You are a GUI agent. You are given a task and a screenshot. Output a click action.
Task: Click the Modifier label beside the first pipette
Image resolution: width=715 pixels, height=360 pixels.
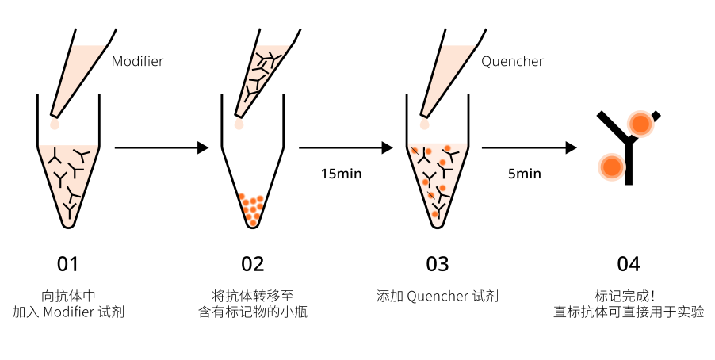137,61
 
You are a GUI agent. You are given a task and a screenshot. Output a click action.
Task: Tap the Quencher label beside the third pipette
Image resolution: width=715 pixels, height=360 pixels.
513,61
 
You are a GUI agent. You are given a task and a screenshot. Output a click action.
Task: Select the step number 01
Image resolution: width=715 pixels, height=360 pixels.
68,264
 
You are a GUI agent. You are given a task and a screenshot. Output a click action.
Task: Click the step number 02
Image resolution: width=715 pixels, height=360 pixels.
253,264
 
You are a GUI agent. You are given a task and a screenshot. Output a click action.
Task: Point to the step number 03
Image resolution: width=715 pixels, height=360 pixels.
437,264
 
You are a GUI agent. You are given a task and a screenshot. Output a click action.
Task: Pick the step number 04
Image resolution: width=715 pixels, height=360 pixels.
629,264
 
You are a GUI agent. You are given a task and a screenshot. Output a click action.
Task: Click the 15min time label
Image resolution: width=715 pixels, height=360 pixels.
341,174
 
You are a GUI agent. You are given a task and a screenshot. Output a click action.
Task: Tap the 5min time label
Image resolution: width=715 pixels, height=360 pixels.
525,174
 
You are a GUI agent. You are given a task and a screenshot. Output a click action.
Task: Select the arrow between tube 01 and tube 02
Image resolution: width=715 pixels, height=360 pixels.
162,147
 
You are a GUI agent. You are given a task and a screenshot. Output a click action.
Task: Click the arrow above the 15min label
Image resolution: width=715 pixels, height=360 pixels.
346,147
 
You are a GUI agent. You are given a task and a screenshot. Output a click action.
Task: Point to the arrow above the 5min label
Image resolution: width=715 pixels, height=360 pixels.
529,147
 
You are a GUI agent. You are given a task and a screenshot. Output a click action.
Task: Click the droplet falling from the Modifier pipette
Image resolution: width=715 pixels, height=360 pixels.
55,124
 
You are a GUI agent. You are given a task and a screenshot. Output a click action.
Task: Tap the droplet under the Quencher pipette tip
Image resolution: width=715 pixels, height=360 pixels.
425,124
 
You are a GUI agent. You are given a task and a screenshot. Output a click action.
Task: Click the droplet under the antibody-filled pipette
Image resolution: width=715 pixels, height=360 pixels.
239,124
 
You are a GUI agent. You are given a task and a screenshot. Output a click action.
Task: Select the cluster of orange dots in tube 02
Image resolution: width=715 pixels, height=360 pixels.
252,209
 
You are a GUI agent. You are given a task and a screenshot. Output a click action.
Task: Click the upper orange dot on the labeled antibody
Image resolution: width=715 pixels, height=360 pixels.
640,124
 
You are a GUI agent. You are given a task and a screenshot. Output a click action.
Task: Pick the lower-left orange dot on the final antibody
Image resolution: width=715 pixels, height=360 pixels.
610,167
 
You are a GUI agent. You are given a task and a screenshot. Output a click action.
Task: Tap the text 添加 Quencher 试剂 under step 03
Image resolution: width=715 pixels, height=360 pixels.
437,297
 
